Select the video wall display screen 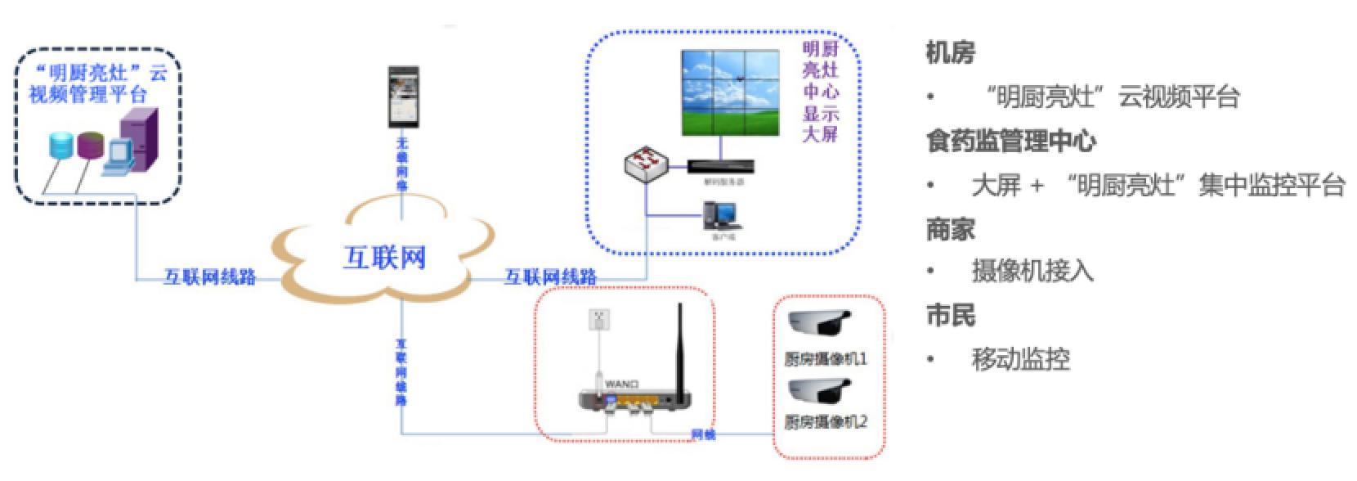(729, 93)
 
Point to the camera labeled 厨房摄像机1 (819, 323)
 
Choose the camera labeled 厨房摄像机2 (819, 390)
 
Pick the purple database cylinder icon (91, 145)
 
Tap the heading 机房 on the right (950, 53)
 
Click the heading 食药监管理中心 (1011, 141)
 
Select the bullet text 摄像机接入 (1032, 271)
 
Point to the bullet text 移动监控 (1020, 359)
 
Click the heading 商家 (950, 228)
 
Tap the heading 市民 (950, 316)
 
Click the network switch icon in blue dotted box (647, 164)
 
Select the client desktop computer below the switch (722, 215)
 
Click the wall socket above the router (600, 321)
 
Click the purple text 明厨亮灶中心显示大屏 (820, 92)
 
